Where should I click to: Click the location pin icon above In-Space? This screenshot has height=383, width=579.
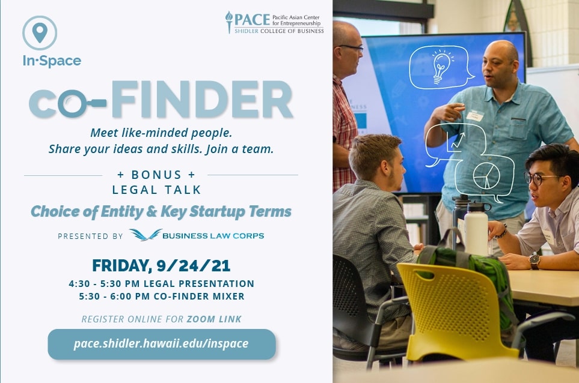point(40,33)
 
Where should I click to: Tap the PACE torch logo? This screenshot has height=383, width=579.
point(229,22)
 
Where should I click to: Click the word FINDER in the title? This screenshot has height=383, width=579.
point(202,99)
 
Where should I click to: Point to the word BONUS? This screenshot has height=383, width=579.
point(156,174)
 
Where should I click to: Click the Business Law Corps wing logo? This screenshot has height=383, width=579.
point(146,235)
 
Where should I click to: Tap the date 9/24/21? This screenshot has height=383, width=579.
point(194,266)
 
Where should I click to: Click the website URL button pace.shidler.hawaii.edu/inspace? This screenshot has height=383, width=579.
point(162,344)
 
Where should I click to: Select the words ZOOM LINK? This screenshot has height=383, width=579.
point(214,319)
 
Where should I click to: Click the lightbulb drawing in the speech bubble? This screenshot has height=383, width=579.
point(441,67)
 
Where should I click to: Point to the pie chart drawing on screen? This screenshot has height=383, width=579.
point(486,176)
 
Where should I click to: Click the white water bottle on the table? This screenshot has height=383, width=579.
point(476,228)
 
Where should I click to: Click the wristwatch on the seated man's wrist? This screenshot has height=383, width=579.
point(534,261)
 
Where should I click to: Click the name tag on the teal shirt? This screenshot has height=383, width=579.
point(475,116)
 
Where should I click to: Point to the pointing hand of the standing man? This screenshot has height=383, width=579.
point(448,111)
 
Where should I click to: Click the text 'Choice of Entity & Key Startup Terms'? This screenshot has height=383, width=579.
point(161,211)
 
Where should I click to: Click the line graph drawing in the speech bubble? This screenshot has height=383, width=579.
point(455,142)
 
